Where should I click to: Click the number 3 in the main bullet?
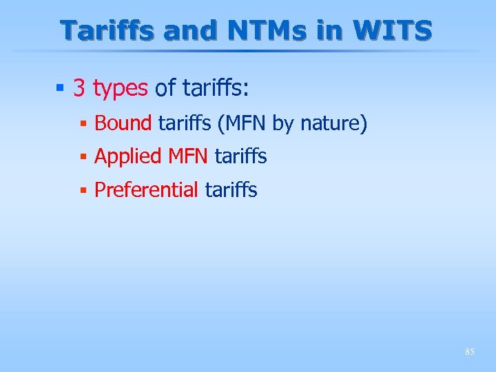coord(79,88)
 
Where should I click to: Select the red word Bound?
coord(123,124)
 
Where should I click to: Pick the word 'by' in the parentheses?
coord(283,125)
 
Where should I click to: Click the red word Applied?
coord(127,157)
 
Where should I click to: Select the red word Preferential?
coord(146,190)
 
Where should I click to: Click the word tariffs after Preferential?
coord(231,190)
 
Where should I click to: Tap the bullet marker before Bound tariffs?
coord(83,125)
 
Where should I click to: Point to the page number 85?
coord(469,352)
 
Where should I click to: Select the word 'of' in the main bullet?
coord(165,88)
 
